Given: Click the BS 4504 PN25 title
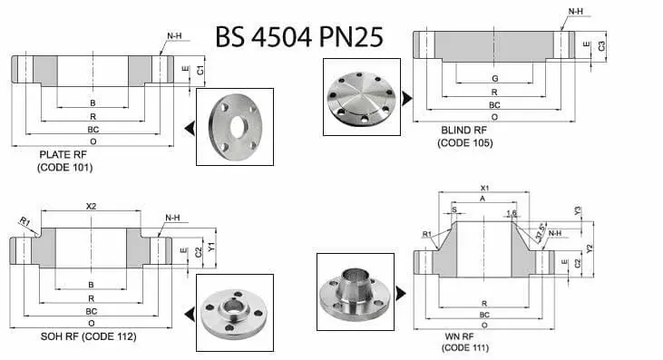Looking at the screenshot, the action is point(299,36).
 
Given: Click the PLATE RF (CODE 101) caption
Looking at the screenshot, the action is point(64,161).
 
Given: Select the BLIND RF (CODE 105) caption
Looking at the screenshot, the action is point(465,137).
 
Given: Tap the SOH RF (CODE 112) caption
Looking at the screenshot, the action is point(88,336).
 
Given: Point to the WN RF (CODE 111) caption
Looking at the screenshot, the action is point(465,342).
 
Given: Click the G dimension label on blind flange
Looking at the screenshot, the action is point(494,78).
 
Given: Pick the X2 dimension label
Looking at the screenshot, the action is point(92,206).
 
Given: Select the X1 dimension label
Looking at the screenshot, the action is point(484,188).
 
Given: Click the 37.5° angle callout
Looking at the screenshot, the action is point(541,230).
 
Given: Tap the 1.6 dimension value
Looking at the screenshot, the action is point(512,213).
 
